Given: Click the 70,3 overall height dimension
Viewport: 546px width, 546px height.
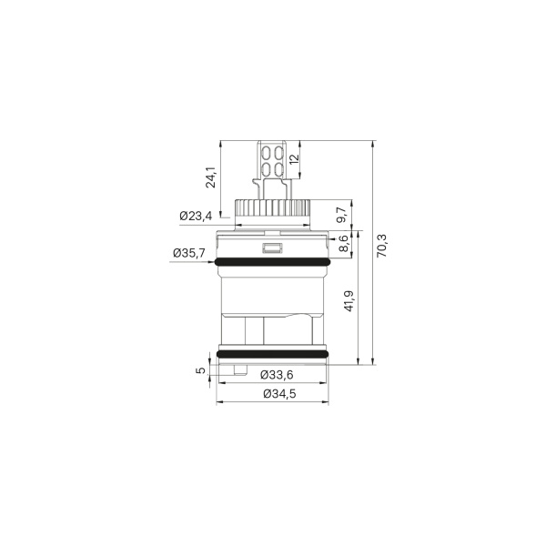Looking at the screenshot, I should point(382,246).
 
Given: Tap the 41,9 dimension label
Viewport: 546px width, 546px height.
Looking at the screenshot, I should point(349,300).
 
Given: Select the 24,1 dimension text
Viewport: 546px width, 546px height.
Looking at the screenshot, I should point(210,177).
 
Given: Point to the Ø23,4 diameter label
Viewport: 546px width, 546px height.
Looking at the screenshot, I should point(195,216).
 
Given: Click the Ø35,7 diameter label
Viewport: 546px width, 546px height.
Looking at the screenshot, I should point(187,253).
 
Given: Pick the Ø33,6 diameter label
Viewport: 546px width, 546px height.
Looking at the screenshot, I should point(276,374).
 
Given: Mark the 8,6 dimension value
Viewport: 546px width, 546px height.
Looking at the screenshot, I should point(343,244).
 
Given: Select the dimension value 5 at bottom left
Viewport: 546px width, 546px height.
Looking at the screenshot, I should point(201,370).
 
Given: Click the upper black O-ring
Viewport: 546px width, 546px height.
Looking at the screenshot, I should point(271,264).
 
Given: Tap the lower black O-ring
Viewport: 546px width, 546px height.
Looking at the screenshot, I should point(271,353).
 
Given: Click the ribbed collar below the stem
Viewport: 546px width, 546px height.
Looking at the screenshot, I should point(271,209).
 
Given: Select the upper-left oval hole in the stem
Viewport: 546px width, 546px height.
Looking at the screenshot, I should point(265,154).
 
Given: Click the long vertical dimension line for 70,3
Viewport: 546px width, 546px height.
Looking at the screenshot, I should point(372,254).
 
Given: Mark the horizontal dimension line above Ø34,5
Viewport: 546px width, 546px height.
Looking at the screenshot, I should point(271,383).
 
